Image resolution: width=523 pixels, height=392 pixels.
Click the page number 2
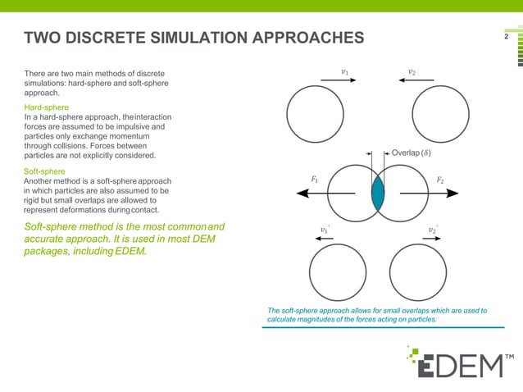click(507, 37)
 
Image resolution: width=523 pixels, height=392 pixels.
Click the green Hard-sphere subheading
click(47, 108)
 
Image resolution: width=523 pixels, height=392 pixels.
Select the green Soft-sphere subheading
click(45, 171)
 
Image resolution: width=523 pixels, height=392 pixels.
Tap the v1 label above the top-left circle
click(345, 72)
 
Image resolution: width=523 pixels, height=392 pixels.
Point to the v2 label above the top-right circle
click(412, 72)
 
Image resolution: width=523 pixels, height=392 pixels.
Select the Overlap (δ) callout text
click(412, 153)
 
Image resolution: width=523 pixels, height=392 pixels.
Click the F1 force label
click(315, 178)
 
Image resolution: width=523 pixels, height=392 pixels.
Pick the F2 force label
click(441, 178)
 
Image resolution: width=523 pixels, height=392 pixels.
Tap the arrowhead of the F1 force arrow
click(302, 194)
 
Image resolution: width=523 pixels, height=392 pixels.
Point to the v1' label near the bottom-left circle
click(325, 230)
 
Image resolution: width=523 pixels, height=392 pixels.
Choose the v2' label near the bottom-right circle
click(433, 230)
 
